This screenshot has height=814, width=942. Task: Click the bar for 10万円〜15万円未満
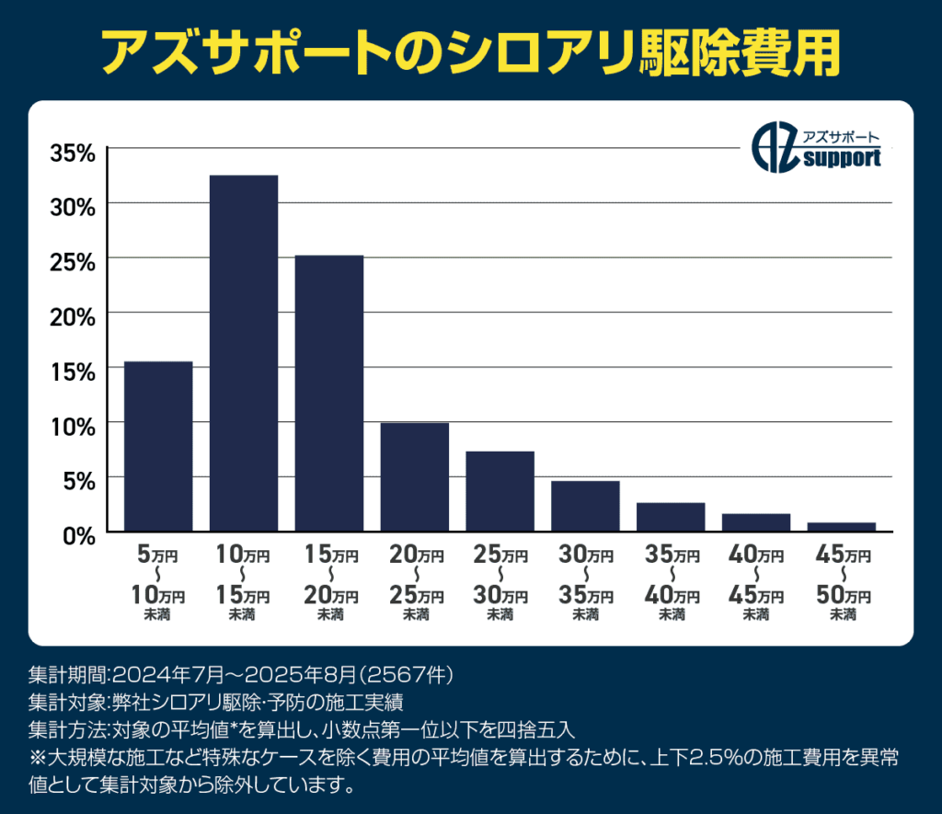pos(244,353)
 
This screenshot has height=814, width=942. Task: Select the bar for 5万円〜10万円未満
pos(158,446)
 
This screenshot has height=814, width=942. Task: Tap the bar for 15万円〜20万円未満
pos(329,393)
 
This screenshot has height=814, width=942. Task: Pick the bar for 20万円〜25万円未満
pos(415,476)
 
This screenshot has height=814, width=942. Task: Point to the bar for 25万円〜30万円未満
pos(500,491)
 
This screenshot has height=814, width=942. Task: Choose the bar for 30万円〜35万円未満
pos(585,506)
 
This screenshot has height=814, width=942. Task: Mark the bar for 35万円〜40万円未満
pos(671,517)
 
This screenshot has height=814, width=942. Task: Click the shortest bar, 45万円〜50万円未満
pos(841,527)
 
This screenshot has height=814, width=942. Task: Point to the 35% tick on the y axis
pos(72,153)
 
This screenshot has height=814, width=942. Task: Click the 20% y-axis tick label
pos(72,317)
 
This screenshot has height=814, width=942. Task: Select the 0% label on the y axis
pos(78,534)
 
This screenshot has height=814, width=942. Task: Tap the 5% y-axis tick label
pos(78,480)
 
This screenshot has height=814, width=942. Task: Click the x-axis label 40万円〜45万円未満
pos(756,583)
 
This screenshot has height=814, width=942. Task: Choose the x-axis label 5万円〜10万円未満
pos(158,583)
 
